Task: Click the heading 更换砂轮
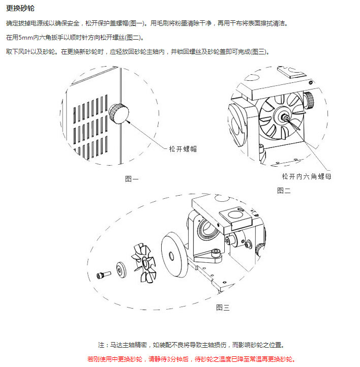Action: (x=20, y=8)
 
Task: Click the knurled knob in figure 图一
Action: (x=118, y=113)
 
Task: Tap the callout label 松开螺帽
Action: (x=183, y=149)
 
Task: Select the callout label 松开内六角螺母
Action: (x=307, y=176)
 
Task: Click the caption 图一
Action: (x=132, y=179)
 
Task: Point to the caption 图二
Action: (x=284, y=191)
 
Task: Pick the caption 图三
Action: (x=223, y=308)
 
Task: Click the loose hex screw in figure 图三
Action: (x=103, y=275)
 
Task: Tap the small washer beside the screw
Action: (x=121, y=270)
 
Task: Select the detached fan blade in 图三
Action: (x=144, y=263)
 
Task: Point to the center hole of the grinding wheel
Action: (x=171, y=256)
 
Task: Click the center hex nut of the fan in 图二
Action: (x=286, y=118)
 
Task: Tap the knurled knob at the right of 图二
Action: (x=309, y=100)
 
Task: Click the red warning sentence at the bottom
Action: (x=192, y=359)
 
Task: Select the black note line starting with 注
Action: (x=192, y=345)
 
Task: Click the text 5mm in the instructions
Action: (x=26, y=38)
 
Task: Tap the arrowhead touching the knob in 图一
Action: (x=128, y=121)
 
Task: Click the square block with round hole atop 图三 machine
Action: (x=235, y=218)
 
